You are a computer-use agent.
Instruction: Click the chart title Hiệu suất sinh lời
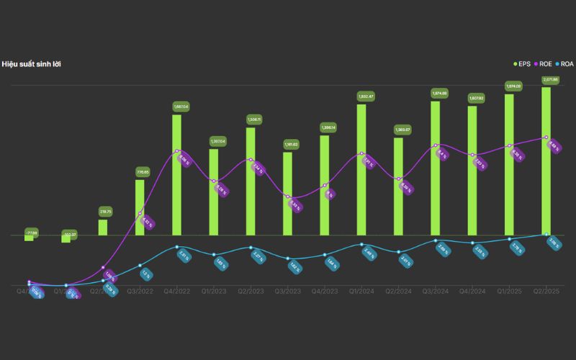[x=31, y=64]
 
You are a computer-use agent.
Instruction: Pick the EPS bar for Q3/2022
[x=140, y=207]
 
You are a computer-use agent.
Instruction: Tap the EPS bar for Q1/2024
[x=361, y=169]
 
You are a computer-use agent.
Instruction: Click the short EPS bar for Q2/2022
[x=103, y=227]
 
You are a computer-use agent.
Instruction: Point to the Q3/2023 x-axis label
[x=287, y=292]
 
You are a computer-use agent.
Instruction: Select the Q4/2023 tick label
[x=325, y=292]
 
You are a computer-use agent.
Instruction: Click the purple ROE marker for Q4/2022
[x=177, y=151]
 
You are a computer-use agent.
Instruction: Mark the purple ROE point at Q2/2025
[x=546, y=138]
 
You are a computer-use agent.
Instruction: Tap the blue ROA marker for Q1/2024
[x=361, y=244]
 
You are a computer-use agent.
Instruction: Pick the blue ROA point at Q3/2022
[x=140, y=265]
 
